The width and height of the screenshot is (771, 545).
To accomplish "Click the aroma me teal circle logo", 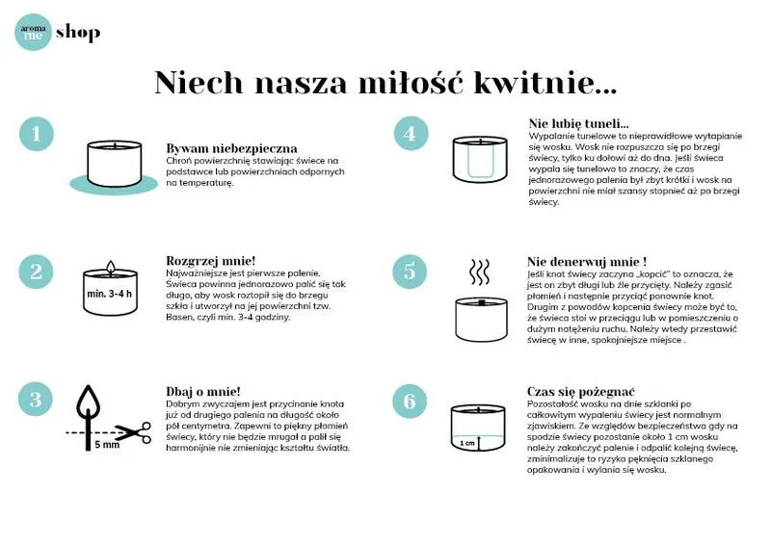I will point(33,33).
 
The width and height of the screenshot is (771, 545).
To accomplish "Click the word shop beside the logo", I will point(78,34).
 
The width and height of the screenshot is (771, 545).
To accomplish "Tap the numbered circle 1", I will point(37,135).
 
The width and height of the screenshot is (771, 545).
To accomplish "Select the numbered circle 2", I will point(37,272).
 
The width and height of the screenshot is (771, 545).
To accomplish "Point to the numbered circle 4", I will point(410,135).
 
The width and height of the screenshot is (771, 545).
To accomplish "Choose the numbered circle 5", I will point(410,272).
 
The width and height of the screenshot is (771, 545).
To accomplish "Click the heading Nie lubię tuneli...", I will point(578,123).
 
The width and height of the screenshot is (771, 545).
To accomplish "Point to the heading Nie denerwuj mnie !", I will point(586,261).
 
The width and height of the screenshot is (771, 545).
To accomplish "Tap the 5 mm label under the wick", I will point(106,446).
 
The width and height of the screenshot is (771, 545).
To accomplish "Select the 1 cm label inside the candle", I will point(467,443).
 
